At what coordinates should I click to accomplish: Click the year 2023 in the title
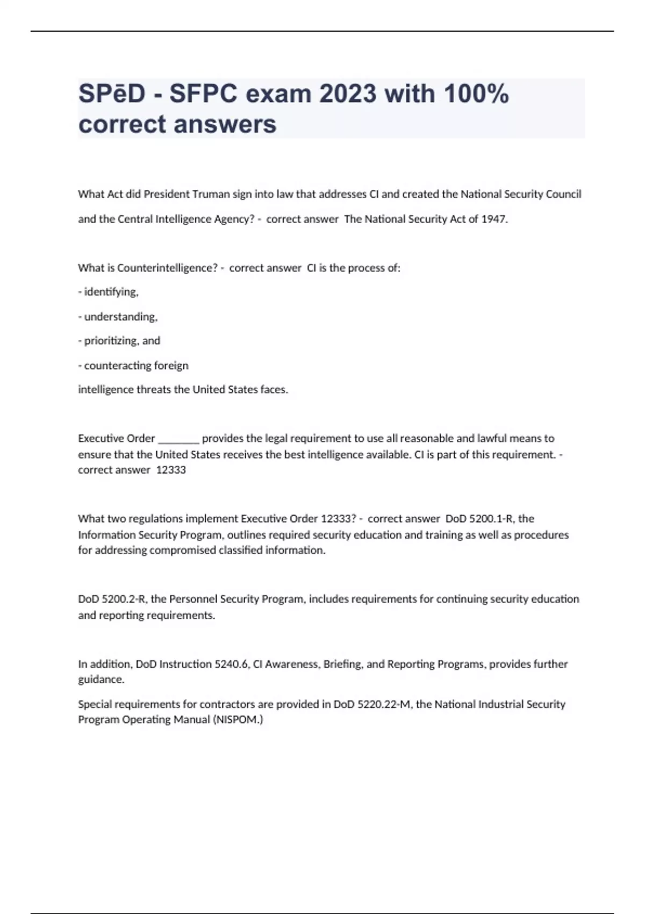348,94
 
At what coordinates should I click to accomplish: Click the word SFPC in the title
203,94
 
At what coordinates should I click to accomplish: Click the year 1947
493,219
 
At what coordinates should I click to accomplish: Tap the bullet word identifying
111,292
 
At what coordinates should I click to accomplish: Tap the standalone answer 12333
171,470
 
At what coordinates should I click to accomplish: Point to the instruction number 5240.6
231,664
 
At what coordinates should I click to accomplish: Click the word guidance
101,680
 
